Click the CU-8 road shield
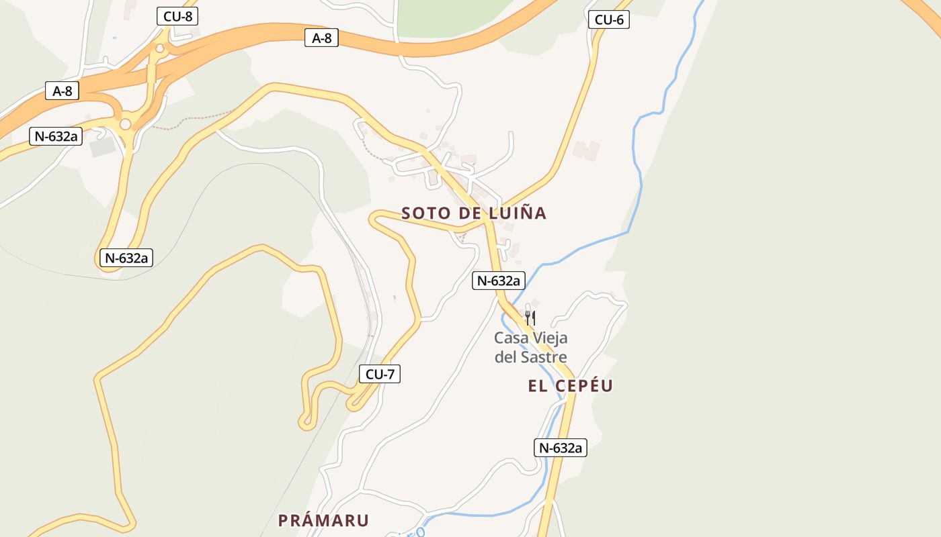tap(177, 16)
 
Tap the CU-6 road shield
tap(609, 19)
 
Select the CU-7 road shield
tap(380, 374)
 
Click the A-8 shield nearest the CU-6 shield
tap(322, 38)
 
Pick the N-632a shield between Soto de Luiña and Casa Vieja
tap(498, 281)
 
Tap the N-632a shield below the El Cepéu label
tap(561, 448)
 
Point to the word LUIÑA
tap(518, 213)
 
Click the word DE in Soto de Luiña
tap(473, 213)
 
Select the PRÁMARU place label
tap(324, 520)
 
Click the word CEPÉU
tap(584, 386)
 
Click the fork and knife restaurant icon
tap(530, 317)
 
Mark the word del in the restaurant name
tap(505, 357)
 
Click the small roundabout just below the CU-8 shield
tap(159, 48)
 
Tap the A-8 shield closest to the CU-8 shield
tap(63, 91)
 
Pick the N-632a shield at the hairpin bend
tap(126, 257)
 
